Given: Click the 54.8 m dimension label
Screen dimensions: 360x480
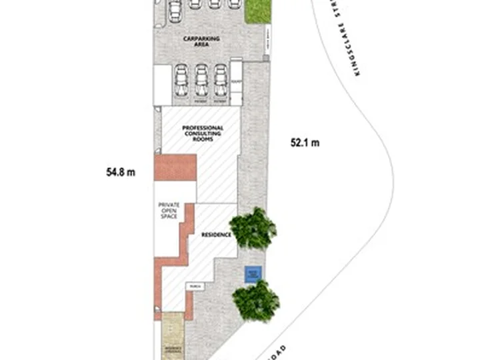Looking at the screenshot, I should [x=121, y=172].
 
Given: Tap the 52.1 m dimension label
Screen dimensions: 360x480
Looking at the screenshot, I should [x=305, y=142].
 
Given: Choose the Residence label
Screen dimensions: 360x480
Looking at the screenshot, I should [x=217, y=235].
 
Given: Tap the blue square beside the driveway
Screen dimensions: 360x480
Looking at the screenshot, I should [x=252, y=274].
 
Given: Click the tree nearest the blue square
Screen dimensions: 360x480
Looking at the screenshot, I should [x=257, y=299].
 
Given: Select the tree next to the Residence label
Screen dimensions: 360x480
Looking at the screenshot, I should [x=253, y=228].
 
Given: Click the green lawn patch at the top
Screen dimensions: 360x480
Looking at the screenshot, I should [x=258, y=11].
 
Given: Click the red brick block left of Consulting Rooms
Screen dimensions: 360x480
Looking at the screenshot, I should [x=175, y=167].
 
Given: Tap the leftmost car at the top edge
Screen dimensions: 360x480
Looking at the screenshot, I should [x=175, y=9].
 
